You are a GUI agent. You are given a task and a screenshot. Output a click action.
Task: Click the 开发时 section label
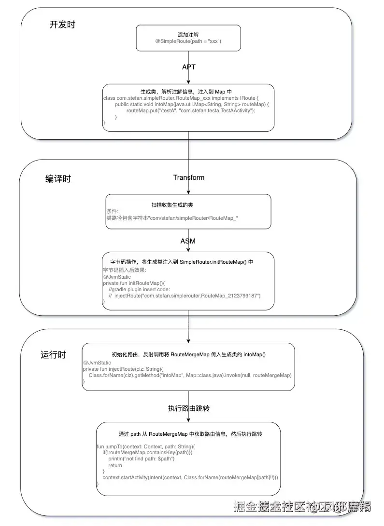tap(62, 25)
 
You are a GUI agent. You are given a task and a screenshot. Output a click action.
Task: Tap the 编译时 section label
tap(58, 179)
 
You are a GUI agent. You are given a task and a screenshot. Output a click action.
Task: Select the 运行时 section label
tap(53, 355)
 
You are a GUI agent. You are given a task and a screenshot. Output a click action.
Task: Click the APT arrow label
tap(189, 67)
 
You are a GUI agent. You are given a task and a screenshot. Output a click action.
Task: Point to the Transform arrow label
tap(189, 177)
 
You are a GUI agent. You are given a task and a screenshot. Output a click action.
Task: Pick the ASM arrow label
tap(188, 241)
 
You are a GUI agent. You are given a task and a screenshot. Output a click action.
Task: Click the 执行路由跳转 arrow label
tap(188, 408)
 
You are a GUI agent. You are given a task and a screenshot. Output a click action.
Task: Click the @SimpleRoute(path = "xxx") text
tap(188, 41)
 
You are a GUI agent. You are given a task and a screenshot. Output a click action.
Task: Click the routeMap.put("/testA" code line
tap(191, 110)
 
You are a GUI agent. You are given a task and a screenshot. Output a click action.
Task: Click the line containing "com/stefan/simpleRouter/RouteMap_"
tap(172, 218)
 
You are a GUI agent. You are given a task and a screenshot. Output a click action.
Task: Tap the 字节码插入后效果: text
tap(125, 270)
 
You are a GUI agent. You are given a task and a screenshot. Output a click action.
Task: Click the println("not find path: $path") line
tap(141, 459)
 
